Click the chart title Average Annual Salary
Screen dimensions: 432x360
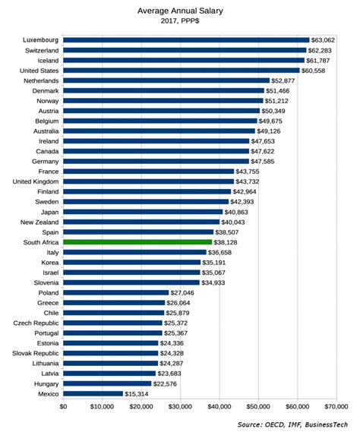[x=180, y=11]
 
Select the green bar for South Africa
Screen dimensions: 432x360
[x=137, y=241]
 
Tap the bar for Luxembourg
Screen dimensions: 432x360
[x=186, y=39]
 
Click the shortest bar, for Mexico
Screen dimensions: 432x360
[x=93, y=393]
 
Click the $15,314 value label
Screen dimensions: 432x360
[x=139, y=393]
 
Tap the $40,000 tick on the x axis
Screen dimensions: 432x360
[x=219, y=408]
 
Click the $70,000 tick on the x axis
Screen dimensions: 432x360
[x=336, y=408]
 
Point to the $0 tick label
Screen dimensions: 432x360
[x=63, y=408]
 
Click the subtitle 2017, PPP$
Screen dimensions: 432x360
[x=180, y=23]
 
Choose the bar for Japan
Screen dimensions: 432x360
[x=143, y=211]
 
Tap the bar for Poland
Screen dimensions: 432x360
[x=115, y=292]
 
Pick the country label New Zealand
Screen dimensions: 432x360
[x=37, y=222]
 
